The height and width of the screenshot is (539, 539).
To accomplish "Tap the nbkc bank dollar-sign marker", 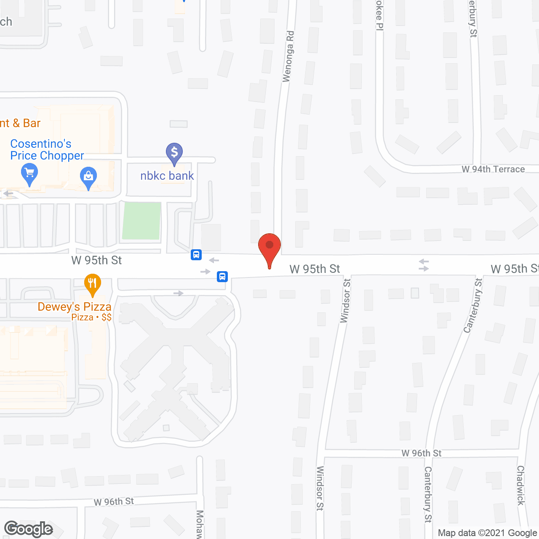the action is [x=174, y=152].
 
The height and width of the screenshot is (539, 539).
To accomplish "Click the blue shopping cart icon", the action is [x=29, y=173].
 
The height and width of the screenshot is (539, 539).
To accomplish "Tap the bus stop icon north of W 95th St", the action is [x=196, y=255].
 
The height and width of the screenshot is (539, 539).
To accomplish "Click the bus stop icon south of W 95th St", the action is [x=222, y=277].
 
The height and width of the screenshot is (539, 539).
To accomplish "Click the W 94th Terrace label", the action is [x=493, y=169].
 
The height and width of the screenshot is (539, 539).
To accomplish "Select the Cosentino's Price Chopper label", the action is [x=47, y=149].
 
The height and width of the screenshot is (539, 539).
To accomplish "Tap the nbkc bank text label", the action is [x=167, y=176].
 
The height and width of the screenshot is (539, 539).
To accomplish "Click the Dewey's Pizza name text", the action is [x=75, y=307].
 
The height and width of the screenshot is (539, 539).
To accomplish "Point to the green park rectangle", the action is [x=141, y=221].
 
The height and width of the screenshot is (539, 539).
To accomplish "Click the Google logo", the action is [x=29, y=529].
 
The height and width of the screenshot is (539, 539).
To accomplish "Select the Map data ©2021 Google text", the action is [x=487, y=533].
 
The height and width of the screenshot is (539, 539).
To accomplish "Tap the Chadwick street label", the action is [x=521, y=485].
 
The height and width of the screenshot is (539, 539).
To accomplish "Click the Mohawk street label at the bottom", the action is [x=200, y=524].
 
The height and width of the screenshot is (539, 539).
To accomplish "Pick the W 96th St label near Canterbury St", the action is [x=421, y=453].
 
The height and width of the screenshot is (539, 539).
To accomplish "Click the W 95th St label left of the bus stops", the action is [x=96, y=260].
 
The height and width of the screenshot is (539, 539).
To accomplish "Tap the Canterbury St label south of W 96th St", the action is [x=428, y=494].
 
